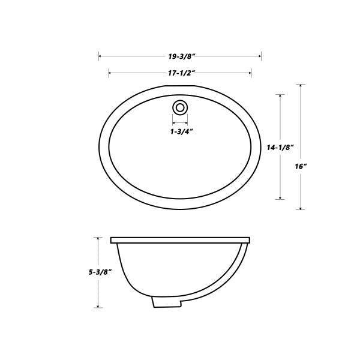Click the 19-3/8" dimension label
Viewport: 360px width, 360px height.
182,56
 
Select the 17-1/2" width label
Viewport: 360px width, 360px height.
182,73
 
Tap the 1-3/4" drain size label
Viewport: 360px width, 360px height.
181,132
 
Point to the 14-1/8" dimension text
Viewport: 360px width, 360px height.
280,148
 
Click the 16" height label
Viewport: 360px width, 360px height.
301,166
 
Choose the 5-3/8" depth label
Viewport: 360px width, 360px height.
100,272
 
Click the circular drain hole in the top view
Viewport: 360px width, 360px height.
180,107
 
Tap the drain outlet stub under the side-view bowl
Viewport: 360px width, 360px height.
167,302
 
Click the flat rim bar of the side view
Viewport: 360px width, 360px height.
180,240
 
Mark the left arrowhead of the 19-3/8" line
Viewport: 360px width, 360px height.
100,56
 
